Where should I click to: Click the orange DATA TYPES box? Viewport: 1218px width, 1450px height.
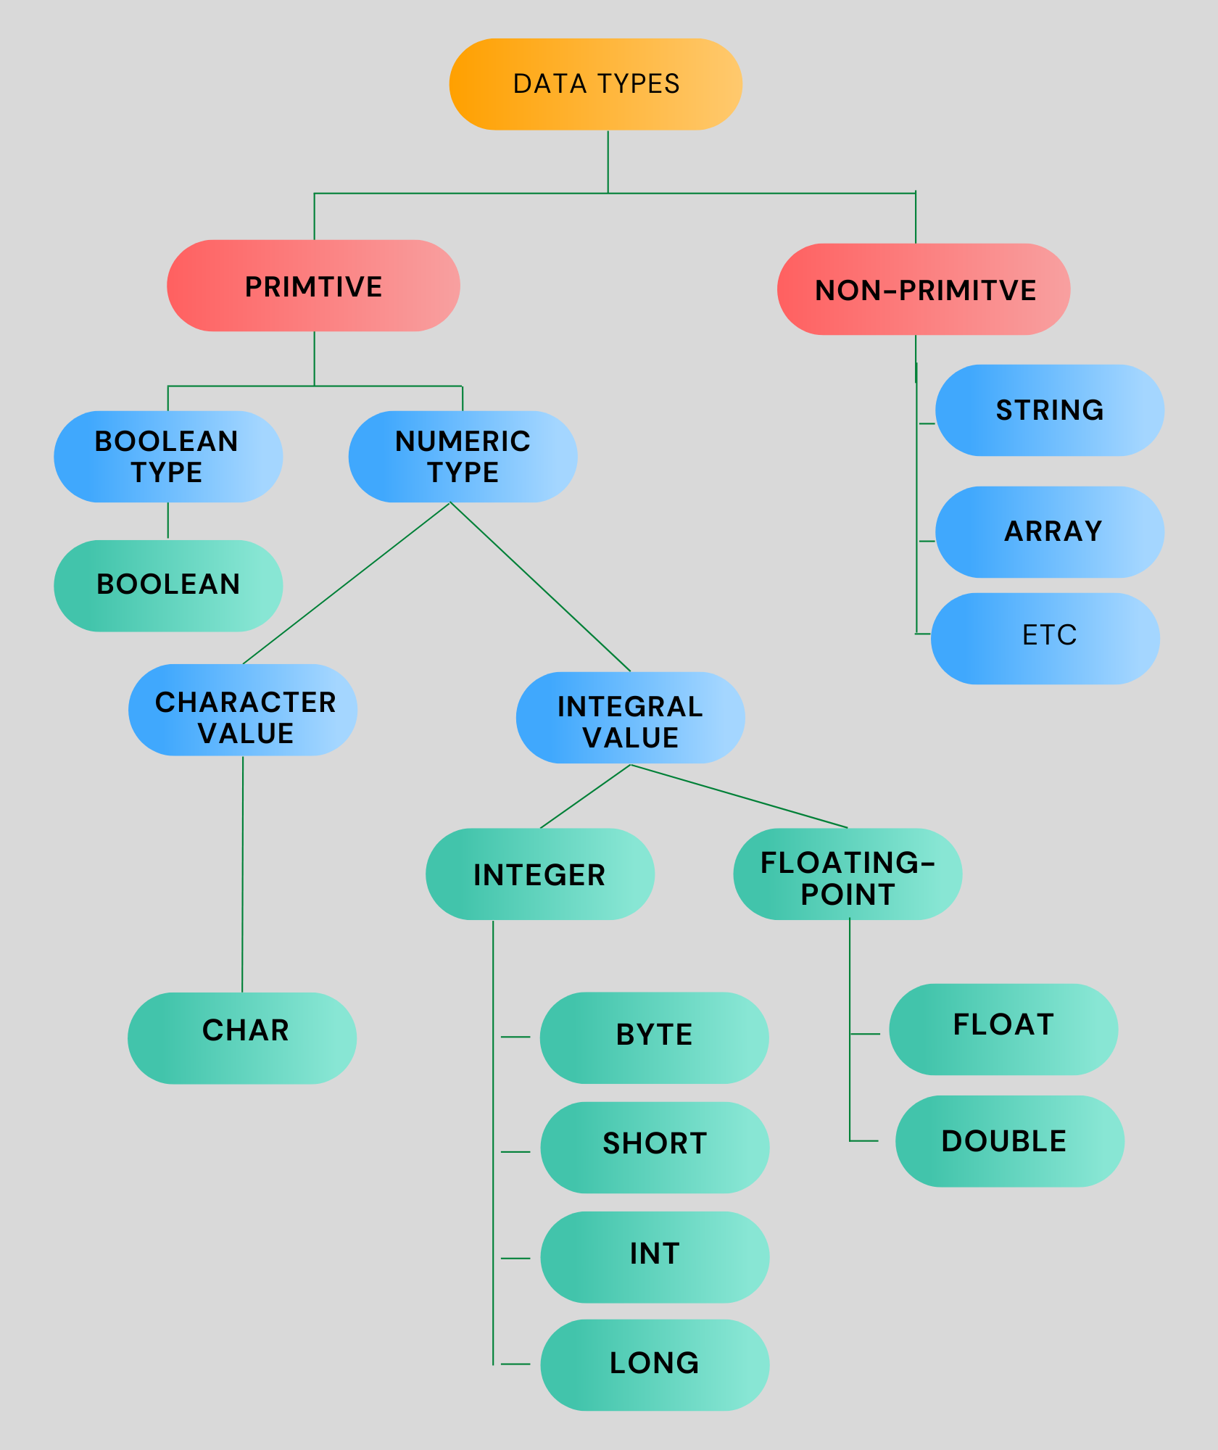pos(595,84)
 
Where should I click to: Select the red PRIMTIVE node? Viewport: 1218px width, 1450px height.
pos(313,286)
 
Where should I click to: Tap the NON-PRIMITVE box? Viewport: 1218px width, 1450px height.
pos(924,289)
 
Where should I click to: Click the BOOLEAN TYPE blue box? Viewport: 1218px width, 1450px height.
pos(168,457)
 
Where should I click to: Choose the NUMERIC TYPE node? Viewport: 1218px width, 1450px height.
pos(463,457)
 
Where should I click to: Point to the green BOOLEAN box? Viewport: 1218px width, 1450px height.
pos(168,585)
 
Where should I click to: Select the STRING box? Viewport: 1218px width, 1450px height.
pos(1049,410)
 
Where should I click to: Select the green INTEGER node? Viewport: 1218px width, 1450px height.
pos(539,874)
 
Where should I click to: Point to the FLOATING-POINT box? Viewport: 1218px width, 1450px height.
pos(848,874)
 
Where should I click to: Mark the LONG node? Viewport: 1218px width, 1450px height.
pos(654,1364)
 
